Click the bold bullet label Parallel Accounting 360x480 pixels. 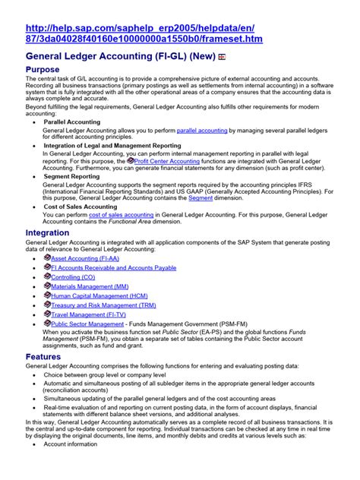tap(74, 122)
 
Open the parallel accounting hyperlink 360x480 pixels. tap(202, 131)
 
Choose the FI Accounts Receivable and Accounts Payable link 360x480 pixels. tap(114, 268)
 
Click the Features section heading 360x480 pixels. tap(43, 356)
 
